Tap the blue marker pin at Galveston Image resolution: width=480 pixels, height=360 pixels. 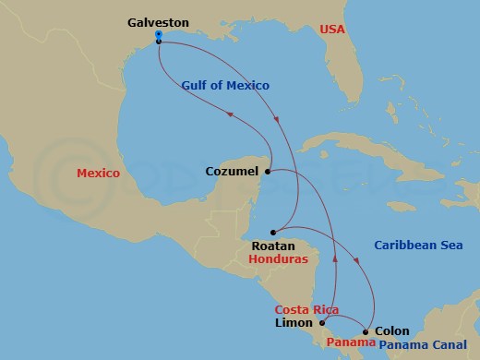[159, 36]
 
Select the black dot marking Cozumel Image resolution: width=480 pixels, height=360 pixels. [267, 172]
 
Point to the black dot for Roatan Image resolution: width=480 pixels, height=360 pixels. [273, 232]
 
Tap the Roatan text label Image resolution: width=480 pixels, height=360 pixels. [273, 246]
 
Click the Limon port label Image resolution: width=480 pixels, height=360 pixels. [294, 323]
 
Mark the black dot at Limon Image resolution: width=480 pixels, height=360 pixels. [322, 323]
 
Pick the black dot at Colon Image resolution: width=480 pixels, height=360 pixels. [366, 331]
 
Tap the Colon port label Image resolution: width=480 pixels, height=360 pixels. [391, 331]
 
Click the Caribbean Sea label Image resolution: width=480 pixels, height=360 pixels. [417, 245]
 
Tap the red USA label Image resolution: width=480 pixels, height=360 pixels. [331, 30]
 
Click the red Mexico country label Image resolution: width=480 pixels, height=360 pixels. [99, 173]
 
